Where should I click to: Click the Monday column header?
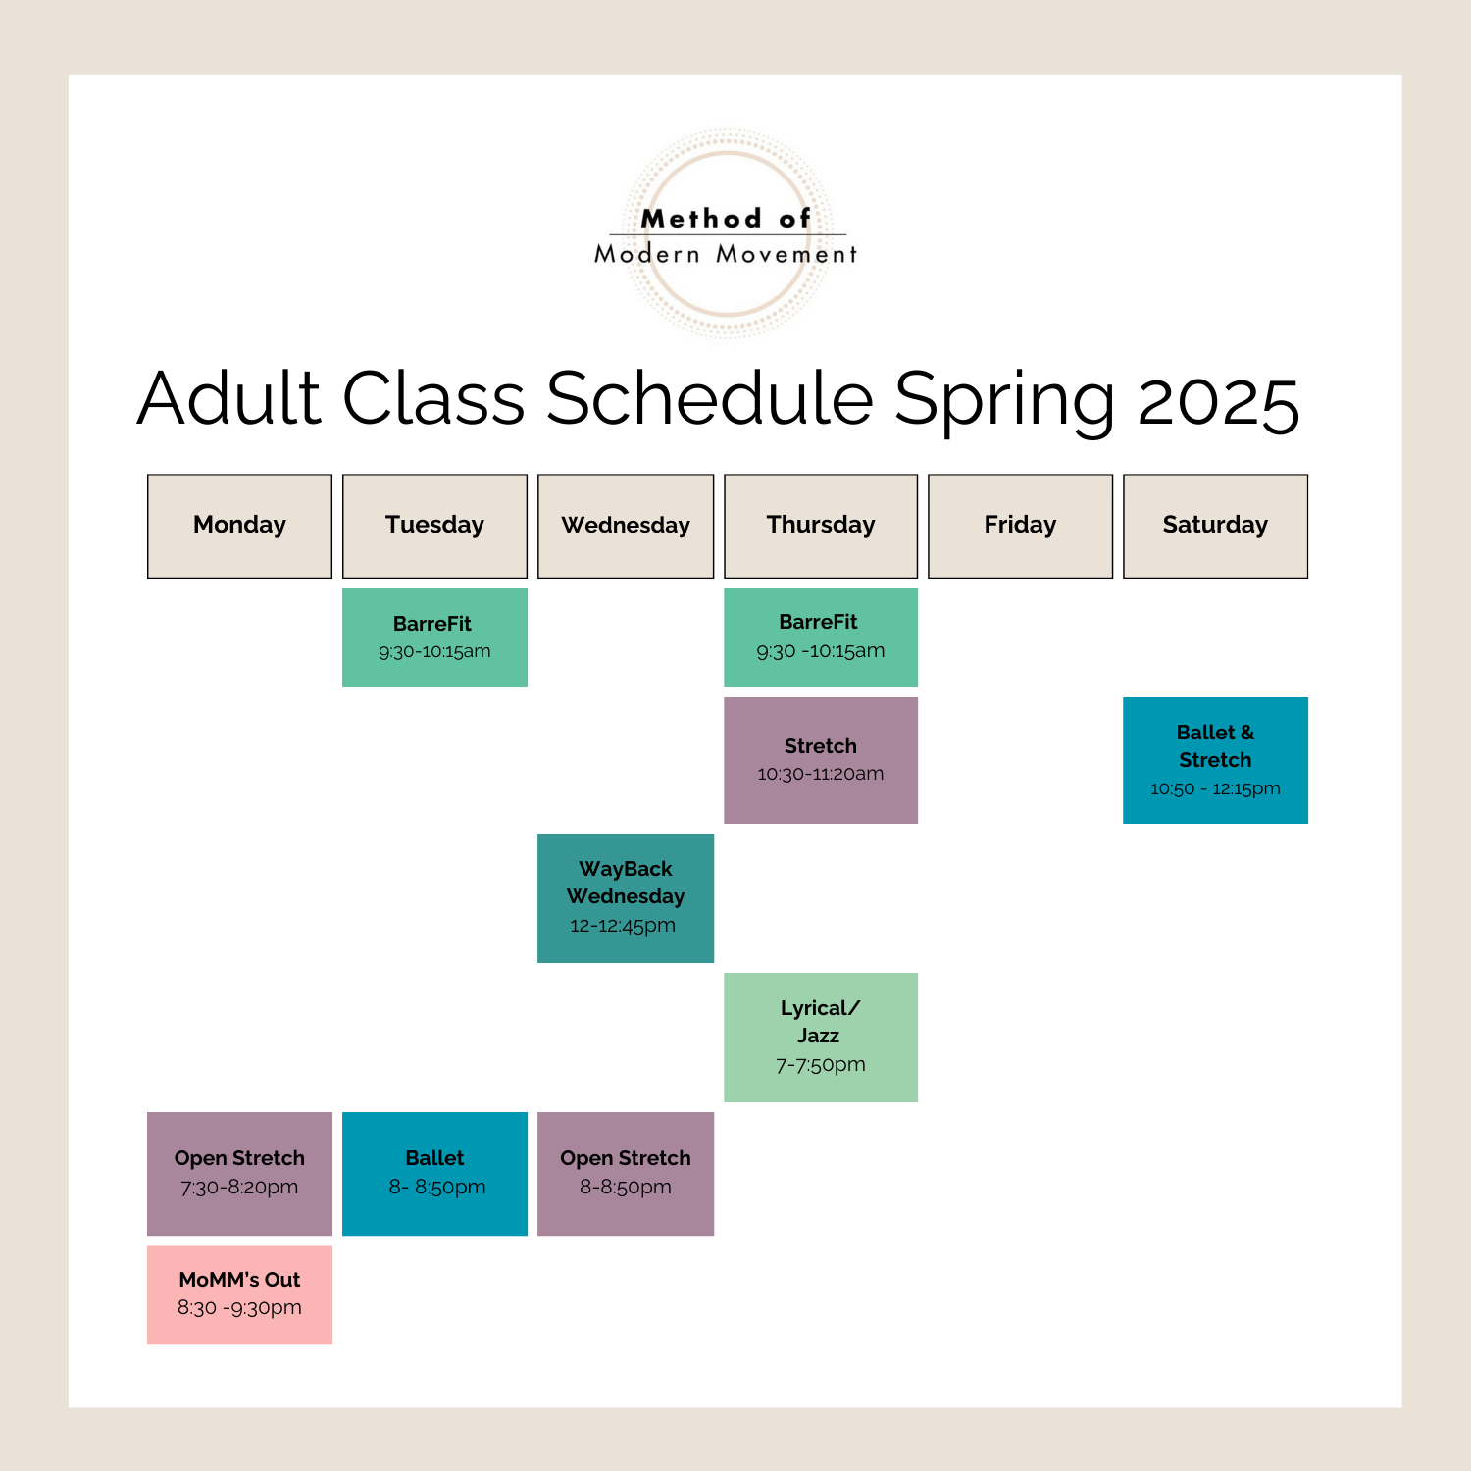pos(239,526)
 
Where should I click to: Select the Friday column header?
pos(1020,526)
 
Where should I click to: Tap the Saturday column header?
pos(1215,526)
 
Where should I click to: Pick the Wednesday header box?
pos(626,526)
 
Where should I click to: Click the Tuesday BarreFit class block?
pos(434,637)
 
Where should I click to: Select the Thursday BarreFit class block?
pos(821,637)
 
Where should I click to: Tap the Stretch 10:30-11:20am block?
pos(821,760)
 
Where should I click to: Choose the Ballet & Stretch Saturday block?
pos(1215,760)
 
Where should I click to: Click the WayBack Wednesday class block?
pos(626,897)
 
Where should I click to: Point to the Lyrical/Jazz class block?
pos(821,1037)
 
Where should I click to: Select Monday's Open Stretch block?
pos(239,1173)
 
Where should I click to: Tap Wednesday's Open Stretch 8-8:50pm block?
pos(626,1173)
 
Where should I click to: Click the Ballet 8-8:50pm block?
pos(434,1173)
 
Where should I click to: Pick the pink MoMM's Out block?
pos(239,1294)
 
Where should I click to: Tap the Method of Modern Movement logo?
pos(727,234)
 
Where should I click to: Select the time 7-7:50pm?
pos(821,1065)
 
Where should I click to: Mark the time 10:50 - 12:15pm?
pos(1215,788)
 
